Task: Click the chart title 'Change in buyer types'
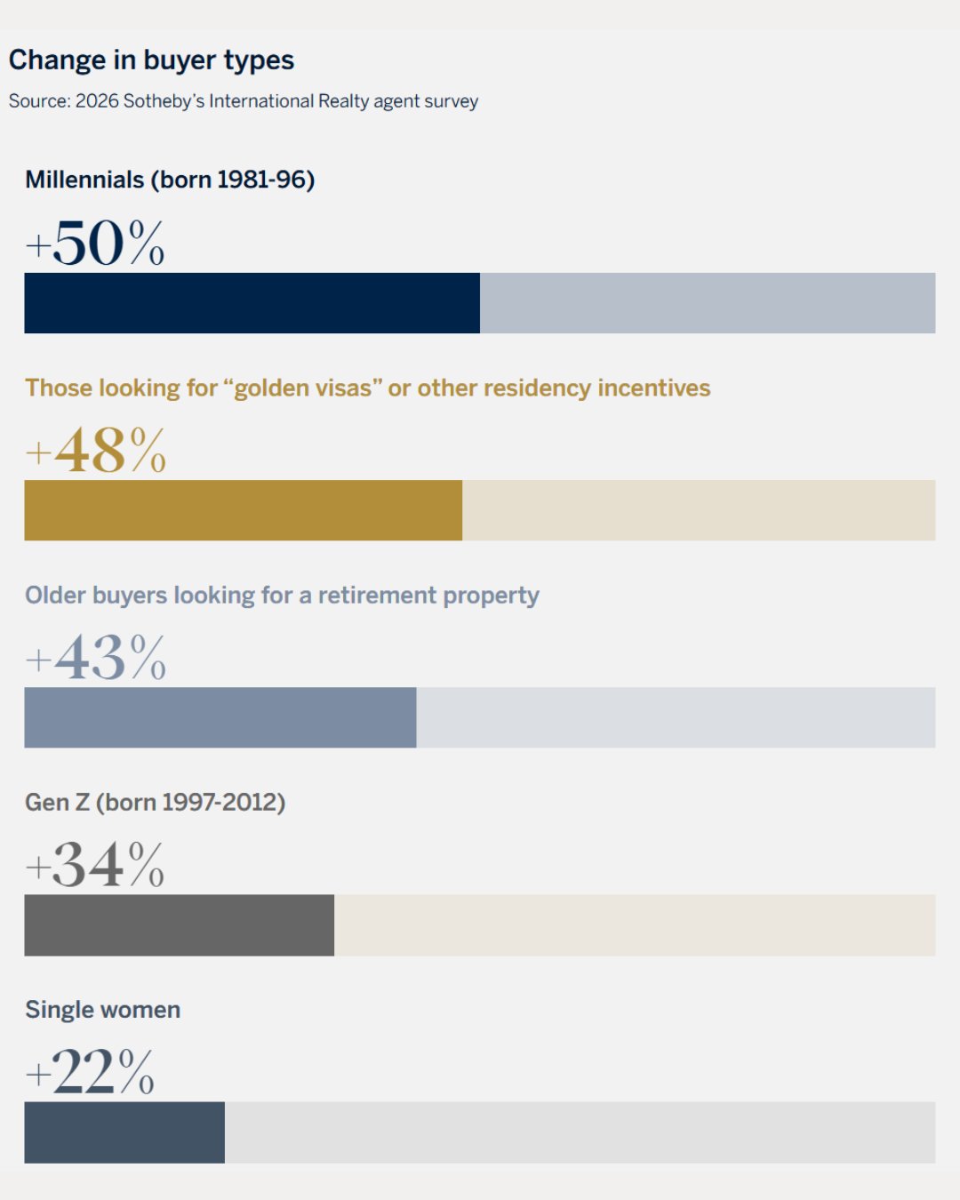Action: [151, 60]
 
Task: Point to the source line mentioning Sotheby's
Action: [243, 101]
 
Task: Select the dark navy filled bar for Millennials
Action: [252, 303]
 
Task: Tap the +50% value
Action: [95, 244]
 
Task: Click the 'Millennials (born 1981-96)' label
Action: [170, 180]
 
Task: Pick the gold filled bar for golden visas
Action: [243, 510]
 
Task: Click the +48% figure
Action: [96, 451]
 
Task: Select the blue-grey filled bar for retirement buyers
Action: [220, 717]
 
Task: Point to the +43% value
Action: [96, 658]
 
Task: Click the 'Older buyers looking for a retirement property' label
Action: [282, 596]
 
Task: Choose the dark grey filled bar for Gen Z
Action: [179, 925]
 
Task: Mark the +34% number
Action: [95, 865]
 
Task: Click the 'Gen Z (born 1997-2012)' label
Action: [155, 803]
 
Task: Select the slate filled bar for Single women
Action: [124, 1132]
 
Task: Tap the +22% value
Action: [90, 1072]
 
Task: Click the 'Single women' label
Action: [102, 1010]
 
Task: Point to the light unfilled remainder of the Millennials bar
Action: [708, 303]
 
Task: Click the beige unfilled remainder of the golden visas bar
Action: [699, 510]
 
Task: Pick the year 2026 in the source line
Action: [97, 101]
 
